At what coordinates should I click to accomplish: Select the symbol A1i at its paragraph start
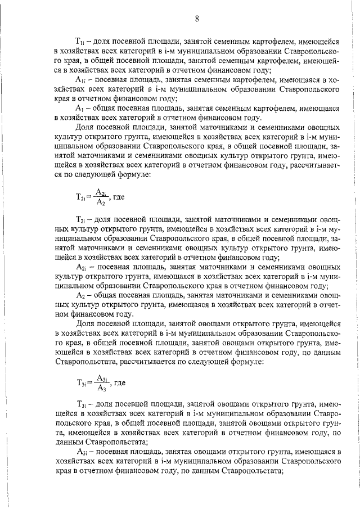(x=80, y=80)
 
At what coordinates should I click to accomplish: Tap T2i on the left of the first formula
(x=80, y=198)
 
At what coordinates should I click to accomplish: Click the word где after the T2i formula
(x=119, y=197)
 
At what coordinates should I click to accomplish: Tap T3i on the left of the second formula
(x=80, y=384)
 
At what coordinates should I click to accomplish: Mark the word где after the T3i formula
(x=119, y=384)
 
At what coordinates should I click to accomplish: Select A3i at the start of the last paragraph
(x=80, y=453)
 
